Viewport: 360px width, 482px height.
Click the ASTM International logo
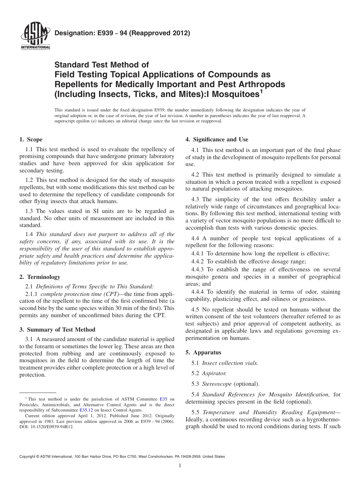pyautogui.click(x=34, y=37)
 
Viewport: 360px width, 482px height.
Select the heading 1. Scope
pyautogui.click(x=31, y=139)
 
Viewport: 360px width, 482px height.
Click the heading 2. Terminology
pyautogui.click(x=39, y=277)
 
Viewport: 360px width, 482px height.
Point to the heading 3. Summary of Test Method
pyautogui.click(x=57, y=329)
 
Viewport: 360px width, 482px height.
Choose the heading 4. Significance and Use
pyautogui.click(x=217, y=139)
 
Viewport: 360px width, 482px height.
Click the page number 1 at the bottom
pyautogui.click(x=180, y=466)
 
